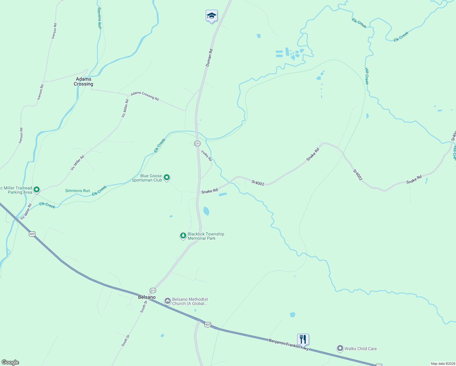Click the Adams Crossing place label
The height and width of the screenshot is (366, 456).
(84, 81)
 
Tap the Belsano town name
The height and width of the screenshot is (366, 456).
(147, 297)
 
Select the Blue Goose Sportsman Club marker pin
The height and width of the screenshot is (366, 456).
(167, 177)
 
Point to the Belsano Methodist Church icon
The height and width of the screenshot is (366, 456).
(167, 301)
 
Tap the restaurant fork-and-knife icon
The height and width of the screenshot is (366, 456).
(303, 339)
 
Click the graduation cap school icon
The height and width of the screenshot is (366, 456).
(212, 16)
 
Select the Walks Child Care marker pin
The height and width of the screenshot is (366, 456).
(340, 348)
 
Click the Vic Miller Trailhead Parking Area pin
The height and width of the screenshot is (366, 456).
(37, 190)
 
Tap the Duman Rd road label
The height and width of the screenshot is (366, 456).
(209, 58)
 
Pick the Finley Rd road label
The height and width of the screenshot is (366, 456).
(206, 156)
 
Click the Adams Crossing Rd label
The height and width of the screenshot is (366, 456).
(145, 96)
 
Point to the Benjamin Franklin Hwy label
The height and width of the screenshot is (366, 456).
(289, 344)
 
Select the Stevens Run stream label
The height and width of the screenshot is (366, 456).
(99, 18)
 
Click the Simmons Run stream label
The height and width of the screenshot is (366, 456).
(77, 191)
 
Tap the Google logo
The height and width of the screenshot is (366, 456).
(10, 362)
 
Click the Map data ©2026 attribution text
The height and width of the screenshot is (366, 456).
(443, 364)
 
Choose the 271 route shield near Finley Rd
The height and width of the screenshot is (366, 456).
(197, 143)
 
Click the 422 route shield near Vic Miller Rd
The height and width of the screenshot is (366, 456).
(32, 234)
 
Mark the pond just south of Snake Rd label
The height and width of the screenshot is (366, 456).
(223, 194)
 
